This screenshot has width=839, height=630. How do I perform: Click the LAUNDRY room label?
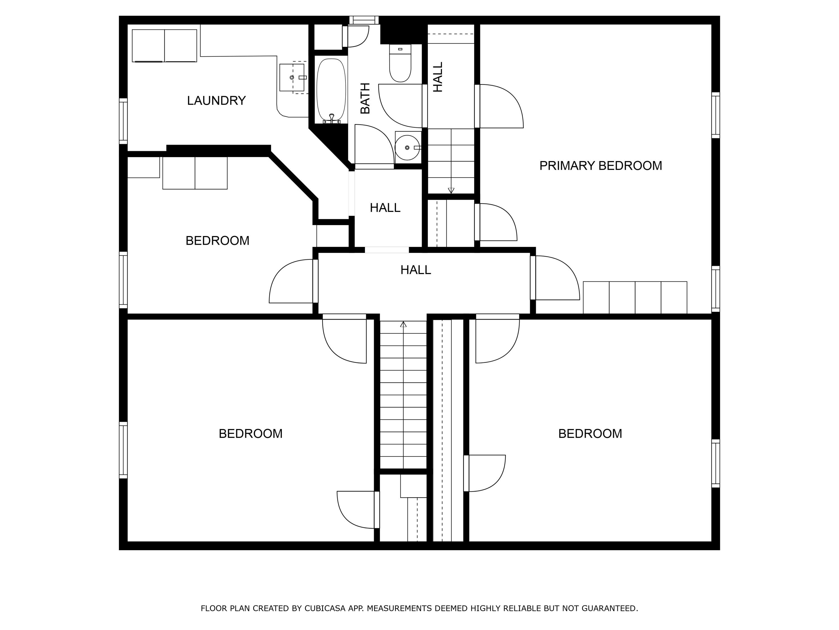(216, 101)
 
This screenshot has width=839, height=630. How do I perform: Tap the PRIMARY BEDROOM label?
(600, 165)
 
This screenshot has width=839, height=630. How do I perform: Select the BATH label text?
(365, 98)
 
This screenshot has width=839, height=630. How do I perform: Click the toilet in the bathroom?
(400, 63)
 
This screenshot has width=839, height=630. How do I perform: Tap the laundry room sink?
(292, 78)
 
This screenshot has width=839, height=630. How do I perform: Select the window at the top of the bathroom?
(364, 20)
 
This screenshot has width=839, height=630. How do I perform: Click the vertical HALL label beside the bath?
(438, 77)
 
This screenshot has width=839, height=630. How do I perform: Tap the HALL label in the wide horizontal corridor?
(416, 270)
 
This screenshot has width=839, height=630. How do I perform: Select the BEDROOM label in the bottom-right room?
(590, 434)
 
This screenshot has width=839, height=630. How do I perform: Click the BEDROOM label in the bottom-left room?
(251, 434)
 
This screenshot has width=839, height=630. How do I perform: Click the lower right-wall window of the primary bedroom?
(715, 289)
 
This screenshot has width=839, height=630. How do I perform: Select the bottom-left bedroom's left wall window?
(123, 450)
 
